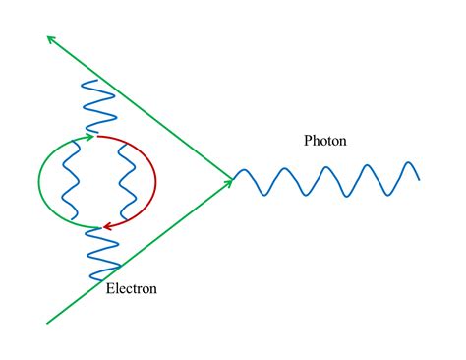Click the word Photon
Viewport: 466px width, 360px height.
pos(325,142)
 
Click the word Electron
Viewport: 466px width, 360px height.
pos(131,289)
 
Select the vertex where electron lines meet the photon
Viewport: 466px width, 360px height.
pos(234,179)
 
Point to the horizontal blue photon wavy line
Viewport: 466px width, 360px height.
pos(324,181)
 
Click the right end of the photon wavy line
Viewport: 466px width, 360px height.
pos(419,178)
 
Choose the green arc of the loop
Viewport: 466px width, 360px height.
pos(41,182)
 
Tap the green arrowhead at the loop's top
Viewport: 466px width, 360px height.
pos(89,137)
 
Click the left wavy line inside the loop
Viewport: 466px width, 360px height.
pos(71,182)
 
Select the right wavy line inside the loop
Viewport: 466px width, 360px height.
pos(125,182)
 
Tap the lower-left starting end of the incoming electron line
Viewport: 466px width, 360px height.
pos(47,322)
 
